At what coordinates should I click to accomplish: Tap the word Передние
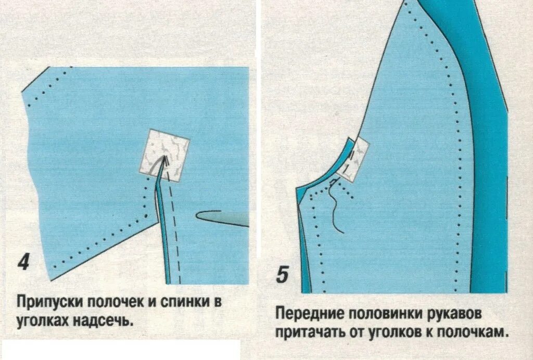pos(307,315)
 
